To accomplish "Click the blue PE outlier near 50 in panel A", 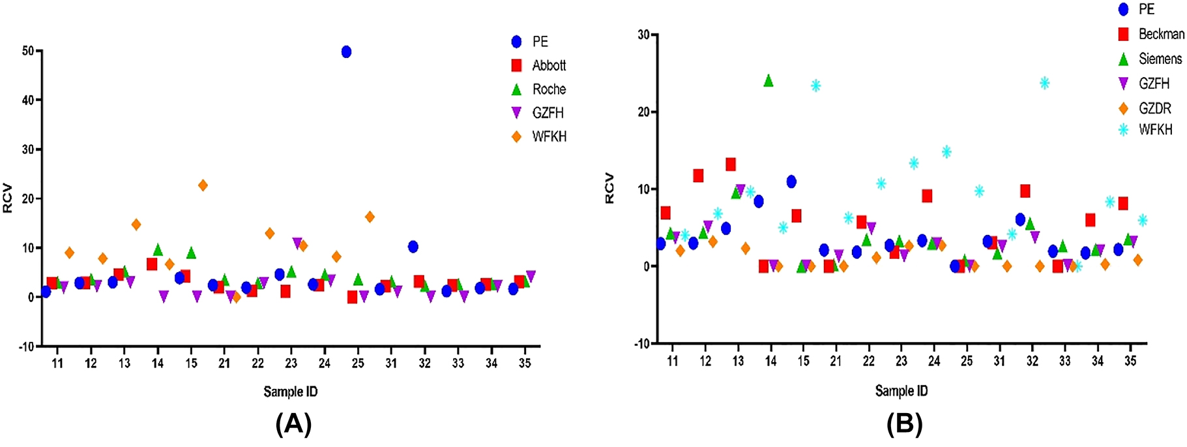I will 346,52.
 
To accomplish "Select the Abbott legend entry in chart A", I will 549,65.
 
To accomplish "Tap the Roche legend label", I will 549,89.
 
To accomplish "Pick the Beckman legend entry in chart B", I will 1161,34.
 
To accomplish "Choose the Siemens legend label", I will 1160,59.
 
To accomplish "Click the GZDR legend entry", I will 1154,108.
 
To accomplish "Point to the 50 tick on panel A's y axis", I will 27,51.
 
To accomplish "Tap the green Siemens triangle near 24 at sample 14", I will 769,80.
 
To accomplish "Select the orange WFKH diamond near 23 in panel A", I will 203,185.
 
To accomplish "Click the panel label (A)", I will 293,424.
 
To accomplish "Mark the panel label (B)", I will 904,424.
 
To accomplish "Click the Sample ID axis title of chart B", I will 901,391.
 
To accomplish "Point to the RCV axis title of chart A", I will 8,198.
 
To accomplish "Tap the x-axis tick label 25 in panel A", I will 358,363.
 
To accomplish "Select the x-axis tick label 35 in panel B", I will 1130,361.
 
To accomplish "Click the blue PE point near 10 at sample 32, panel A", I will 413,247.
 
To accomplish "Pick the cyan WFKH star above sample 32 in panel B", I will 1044,83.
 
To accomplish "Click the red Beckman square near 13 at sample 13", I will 731,164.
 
